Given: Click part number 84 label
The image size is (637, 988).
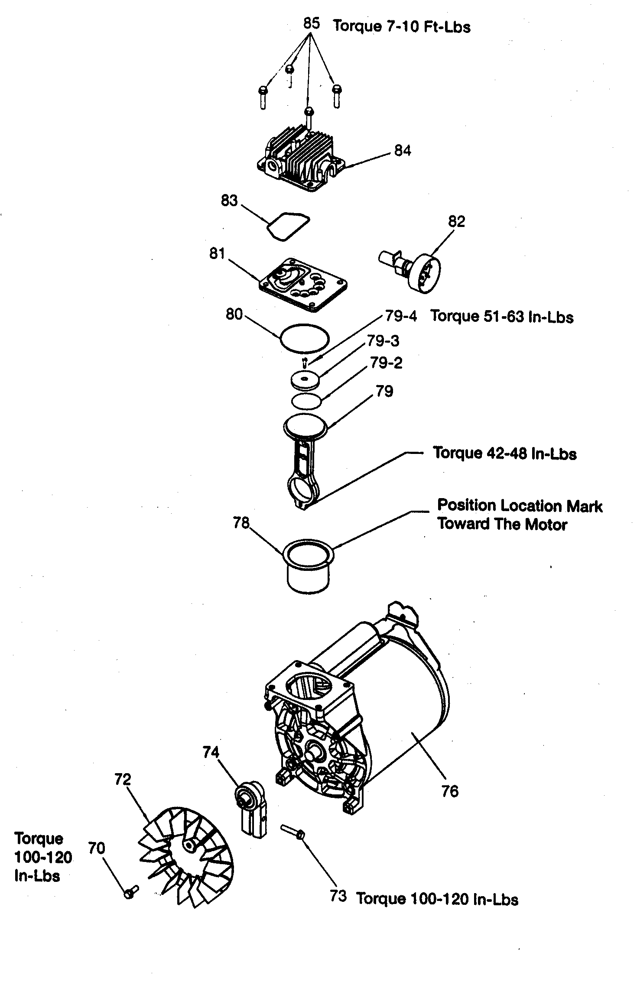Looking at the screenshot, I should [x=402, y=150].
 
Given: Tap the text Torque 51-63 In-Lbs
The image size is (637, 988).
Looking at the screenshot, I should [x=502, y=317].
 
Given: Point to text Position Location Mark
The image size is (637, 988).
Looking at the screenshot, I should [x=519, y=505].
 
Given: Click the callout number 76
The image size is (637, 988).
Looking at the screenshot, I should [x=449, y=791].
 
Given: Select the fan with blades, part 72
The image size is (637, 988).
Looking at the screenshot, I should [x=186, y=853].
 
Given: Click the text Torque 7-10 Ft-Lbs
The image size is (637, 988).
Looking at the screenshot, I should [x=401, y=26].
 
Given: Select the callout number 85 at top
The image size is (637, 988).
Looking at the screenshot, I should [x=311, y=23].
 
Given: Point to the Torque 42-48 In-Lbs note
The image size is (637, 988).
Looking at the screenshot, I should [x=505, y=454].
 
